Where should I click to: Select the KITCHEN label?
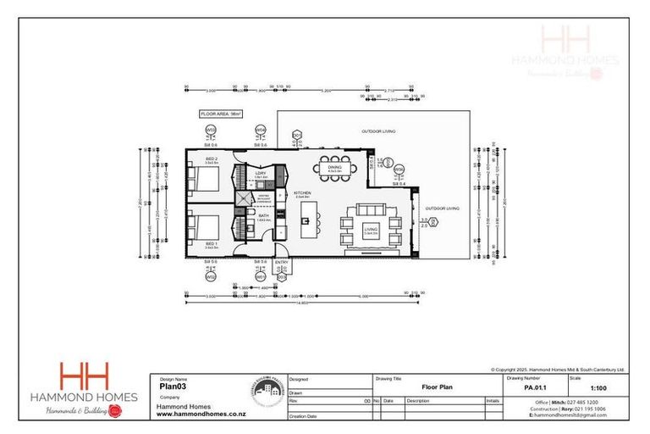click(x=303, y=194)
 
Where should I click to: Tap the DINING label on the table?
click(x=334, y=168)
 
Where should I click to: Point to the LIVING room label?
click(x=371, y=227)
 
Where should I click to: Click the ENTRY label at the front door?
click(x=282, y=262)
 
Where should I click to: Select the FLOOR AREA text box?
click(x=221, y=113)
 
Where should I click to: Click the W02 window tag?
click(x=211, y=277)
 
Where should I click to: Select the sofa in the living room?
click(x=371, y=209)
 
